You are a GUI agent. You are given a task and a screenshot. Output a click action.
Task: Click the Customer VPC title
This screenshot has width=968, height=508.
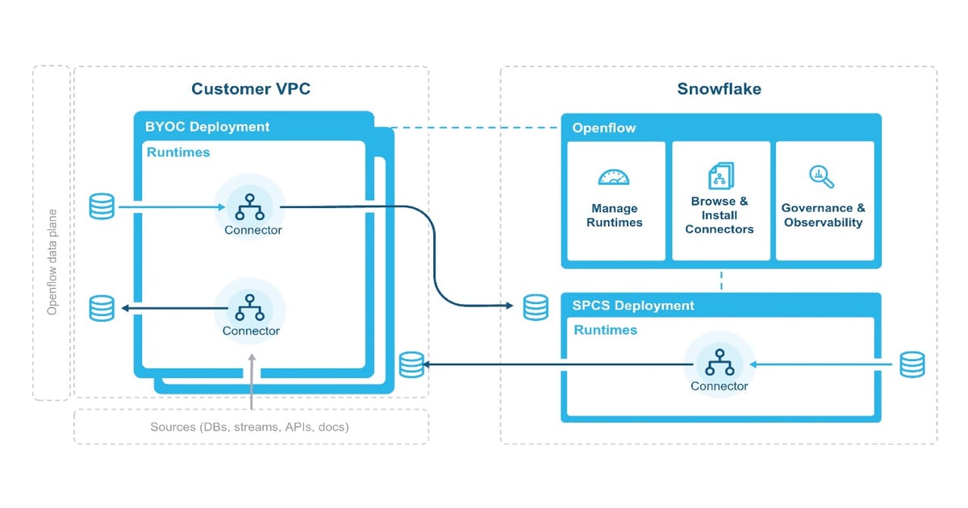pos(250,89)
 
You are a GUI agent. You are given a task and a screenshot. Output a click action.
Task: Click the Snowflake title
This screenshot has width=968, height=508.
pos(719,89)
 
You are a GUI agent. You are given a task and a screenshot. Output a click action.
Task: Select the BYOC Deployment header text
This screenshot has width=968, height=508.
pos(207,127)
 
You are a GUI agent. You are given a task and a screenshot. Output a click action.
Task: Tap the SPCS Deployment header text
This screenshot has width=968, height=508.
pos(633,306)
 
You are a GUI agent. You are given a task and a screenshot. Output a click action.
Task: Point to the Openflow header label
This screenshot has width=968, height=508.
pos(604,128)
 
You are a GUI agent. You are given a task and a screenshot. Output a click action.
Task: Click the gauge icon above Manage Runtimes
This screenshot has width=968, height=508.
pos(614,177)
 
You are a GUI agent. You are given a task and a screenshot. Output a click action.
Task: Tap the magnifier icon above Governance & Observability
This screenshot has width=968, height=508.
pos(821,176)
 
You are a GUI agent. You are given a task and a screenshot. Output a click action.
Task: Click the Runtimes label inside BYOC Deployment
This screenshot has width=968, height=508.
pos(177,152)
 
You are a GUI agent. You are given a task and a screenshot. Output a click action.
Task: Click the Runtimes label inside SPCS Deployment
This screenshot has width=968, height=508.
pos(605,330)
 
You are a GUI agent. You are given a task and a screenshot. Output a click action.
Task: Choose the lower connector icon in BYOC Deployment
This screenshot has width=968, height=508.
pos(251,307)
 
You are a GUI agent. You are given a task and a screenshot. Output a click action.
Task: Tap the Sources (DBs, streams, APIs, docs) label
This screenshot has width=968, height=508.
pos(249,427)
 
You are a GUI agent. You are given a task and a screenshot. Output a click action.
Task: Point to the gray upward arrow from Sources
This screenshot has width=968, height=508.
pos(252,379)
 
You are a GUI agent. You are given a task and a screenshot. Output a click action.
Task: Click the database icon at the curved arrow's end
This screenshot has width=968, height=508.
pos(536,306)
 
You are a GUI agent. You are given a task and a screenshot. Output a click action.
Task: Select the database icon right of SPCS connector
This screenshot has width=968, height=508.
pos(912,364)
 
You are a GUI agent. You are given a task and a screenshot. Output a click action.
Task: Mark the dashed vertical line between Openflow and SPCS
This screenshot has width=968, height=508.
pos(720,281)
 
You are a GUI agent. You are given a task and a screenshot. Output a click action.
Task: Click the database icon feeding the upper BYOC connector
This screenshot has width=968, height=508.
pos(102,206)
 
